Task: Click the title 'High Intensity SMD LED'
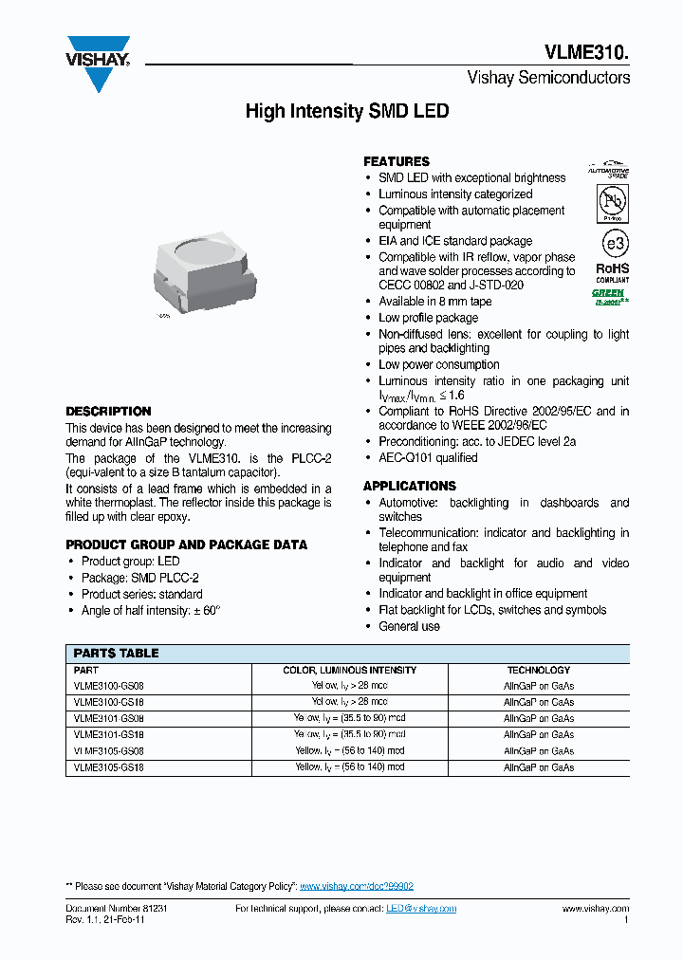pos(347,112)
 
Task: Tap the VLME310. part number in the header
pos(586,53)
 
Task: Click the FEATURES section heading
pos(397,161)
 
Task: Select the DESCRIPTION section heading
pos(108,412)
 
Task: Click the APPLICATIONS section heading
pos(410,486)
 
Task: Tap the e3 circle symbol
pos(612,244)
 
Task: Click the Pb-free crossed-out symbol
pos(611,202)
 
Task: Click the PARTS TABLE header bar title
pos(117,654)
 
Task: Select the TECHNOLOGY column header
pos(538,670)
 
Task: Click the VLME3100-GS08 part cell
pos(109,686)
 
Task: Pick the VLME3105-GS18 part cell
pos(109,766)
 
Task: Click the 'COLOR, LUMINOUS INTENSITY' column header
pos(349,670)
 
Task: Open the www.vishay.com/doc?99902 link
pos(357,886)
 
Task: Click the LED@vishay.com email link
pos(420,909)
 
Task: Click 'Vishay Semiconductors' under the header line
pos(548,78)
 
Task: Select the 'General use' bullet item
pos(409,626)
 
